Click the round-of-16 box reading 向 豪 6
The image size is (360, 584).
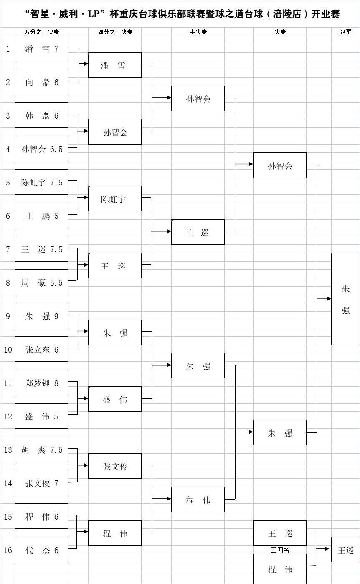click(41, 82)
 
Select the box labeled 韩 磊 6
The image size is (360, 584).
click(41, 115)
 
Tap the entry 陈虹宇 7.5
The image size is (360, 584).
click(41, 182)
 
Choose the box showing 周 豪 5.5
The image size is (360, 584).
click(41, 282)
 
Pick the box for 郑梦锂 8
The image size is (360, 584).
click(41, 383)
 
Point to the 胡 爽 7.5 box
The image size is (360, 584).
click(41, 449)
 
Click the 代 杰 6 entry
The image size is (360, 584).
click(41, 550)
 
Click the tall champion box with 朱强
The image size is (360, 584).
click(345, 299)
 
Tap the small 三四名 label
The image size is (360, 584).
click(280, 550)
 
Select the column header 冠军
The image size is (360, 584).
click(345, 32)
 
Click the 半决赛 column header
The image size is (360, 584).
click(198, 32)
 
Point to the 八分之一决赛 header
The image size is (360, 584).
click(41, 32)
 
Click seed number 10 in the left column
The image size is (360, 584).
click(8, 350)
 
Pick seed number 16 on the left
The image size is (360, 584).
click(8, 550)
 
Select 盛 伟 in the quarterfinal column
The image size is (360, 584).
click(115, 399)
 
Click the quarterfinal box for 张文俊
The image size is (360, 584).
click(115, 466)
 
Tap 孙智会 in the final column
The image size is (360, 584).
click(280, 165)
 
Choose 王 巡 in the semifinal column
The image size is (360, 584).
click(198, 232)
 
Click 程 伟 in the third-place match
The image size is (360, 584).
click(280, 569)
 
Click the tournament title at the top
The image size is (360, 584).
click(182, 14)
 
